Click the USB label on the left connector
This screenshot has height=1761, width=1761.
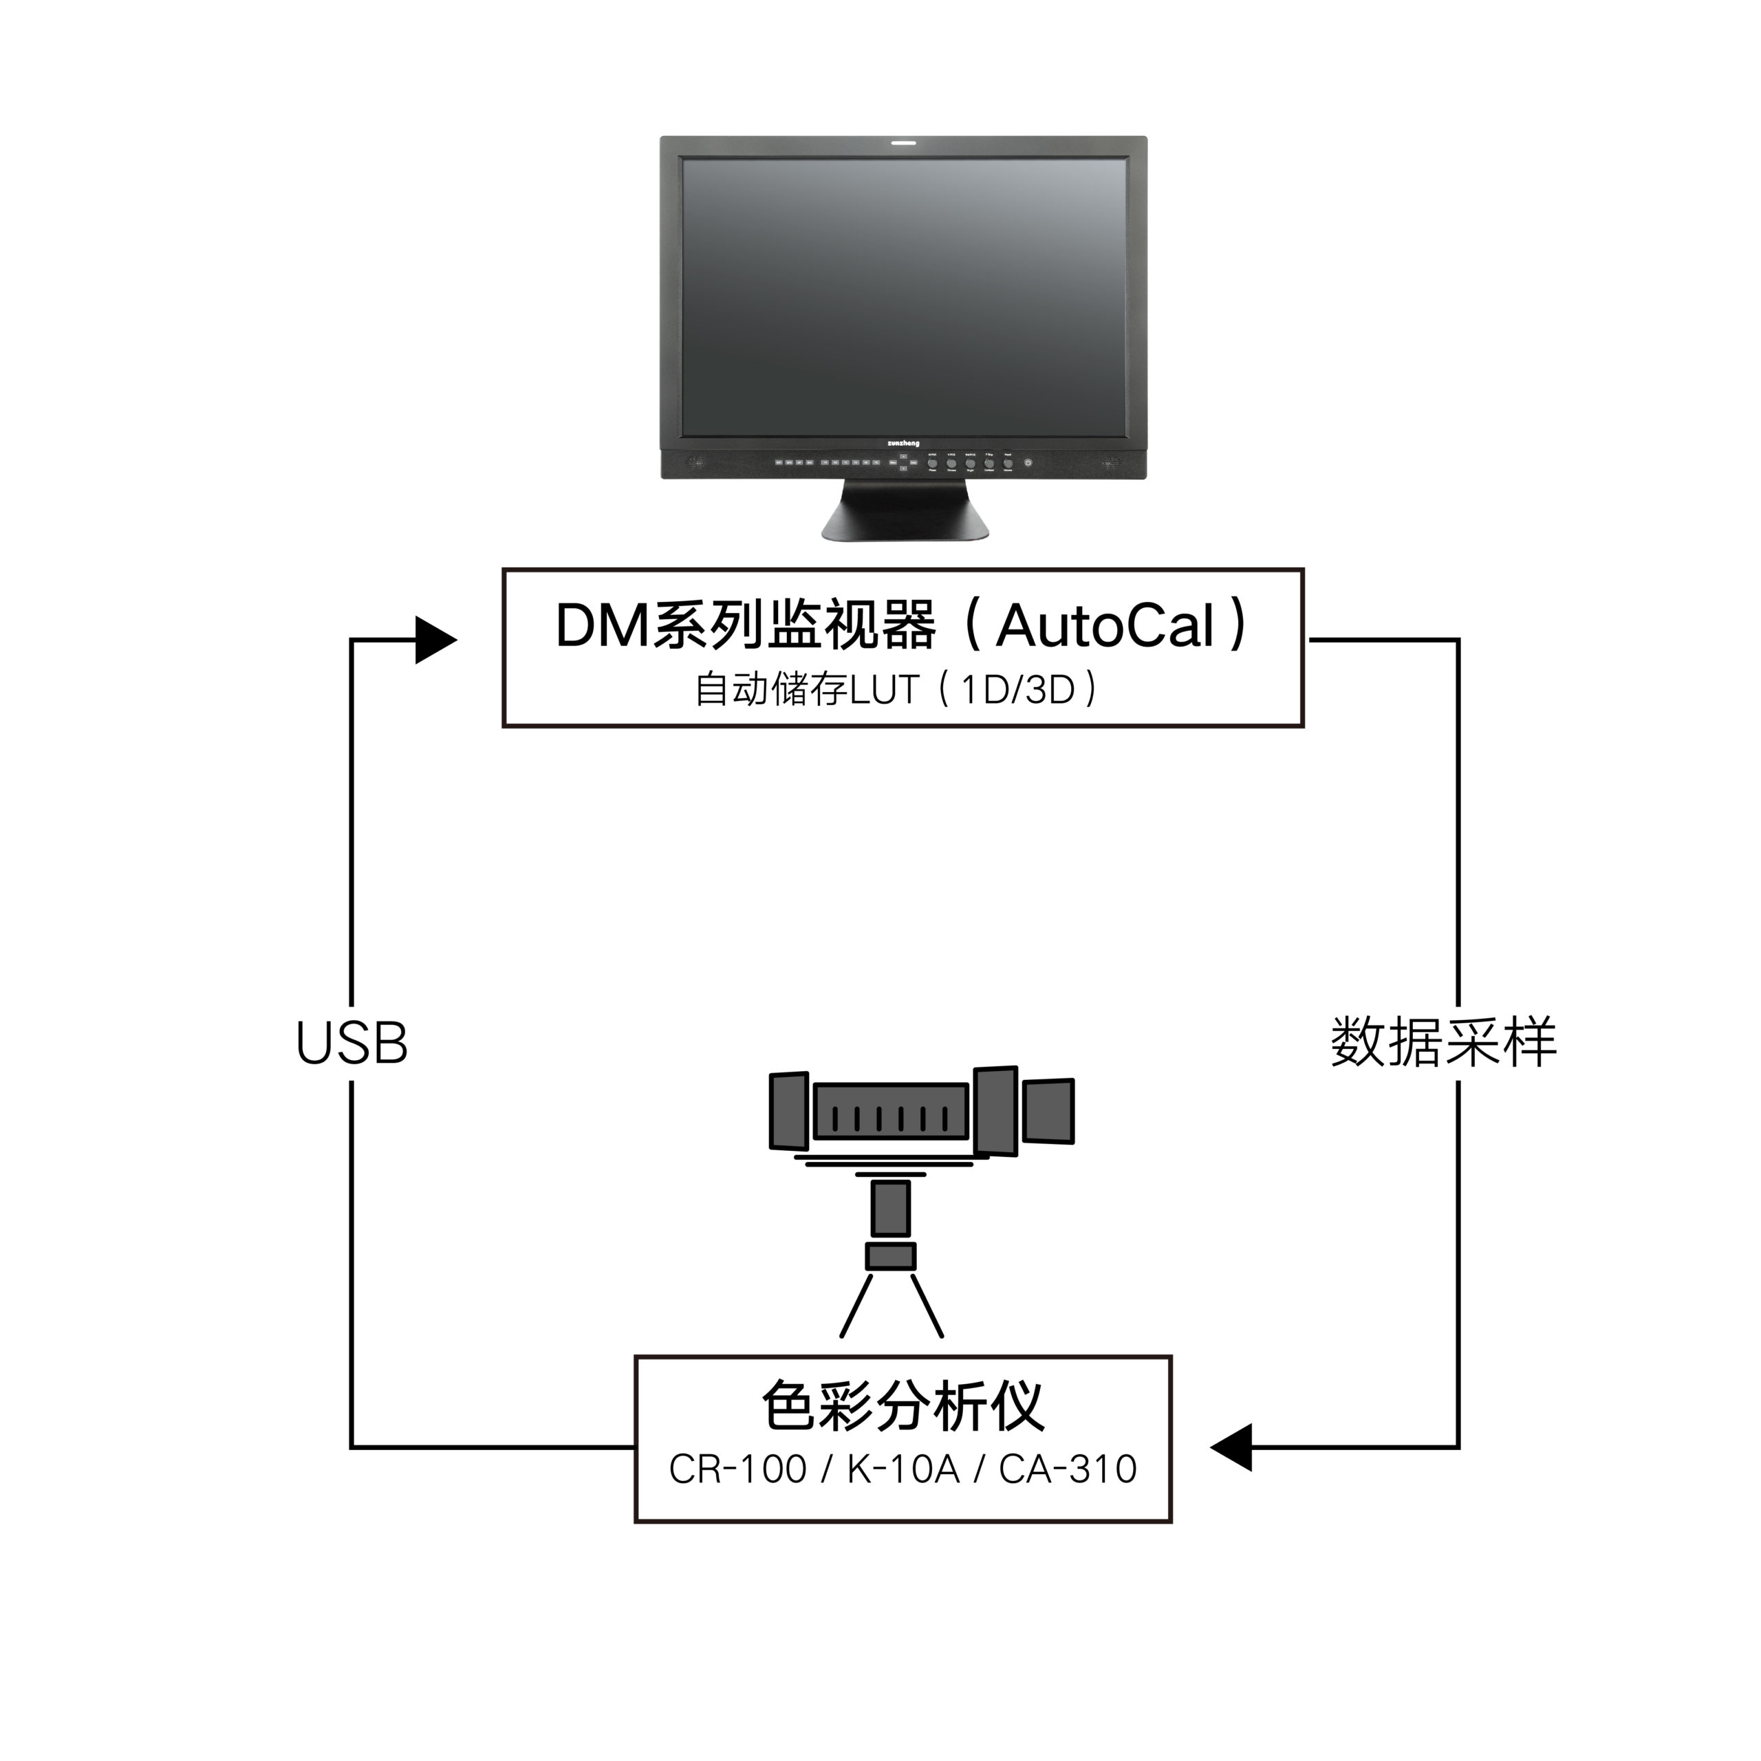click(352, 1043)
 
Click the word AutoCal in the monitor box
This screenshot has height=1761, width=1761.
click(1105, 627)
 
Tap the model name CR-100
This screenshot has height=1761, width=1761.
click(737, 1469)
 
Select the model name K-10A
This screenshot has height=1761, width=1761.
click(903, 1469)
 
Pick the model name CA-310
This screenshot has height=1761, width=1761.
click(1068, 1469)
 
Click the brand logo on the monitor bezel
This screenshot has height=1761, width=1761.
click(903, 444)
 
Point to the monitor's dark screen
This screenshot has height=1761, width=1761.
click(904, 296)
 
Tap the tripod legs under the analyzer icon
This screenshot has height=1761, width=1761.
click(891, 1305)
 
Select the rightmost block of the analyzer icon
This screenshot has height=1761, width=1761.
click(1048, 1110)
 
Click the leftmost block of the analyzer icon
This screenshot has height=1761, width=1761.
click(788, 1110)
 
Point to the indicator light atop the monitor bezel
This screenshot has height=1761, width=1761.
click(903, 143)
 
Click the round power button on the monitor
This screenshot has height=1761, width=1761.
click(1028, 463)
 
